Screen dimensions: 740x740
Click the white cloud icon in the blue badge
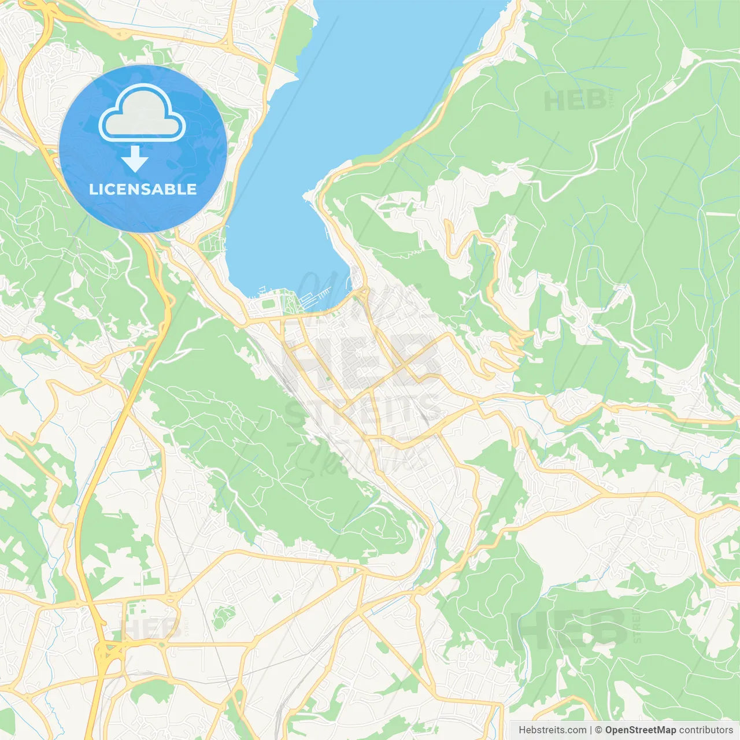coord(142,113)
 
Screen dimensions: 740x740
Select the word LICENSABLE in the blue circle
coord(143,189)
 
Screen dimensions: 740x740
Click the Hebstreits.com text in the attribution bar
coord(552,730)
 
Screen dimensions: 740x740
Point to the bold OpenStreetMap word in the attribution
coord(640,730)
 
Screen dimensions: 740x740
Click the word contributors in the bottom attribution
coord(705,730)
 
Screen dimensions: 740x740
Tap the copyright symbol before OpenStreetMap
coord(599,730)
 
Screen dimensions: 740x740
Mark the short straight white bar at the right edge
coord(720,214)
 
